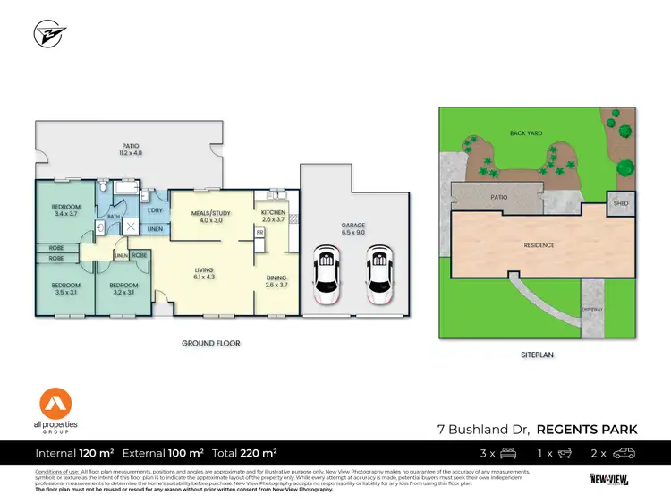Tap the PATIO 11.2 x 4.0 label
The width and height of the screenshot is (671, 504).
(x=132, y=149)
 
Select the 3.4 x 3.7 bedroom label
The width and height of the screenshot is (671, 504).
(x=66, y=211)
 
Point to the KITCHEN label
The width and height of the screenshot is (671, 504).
(x=272, y=216)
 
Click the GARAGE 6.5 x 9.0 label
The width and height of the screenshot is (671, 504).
(x=354, y=229)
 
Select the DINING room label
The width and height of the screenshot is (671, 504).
(x=276, y=281)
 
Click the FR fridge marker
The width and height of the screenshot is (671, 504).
(x=259, y=232)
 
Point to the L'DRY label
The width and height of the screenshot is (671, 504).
(x=155, y=210)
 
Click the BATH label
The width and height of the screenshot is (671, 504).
(x=114, y=216)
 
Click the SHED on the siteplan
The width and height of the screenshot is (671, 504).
(x=621, y=203)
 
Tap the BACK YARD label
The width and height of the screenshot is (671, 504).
(x=526, y=133)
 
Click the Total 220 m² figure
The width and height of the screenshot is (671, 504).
(x=243, y=453)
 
